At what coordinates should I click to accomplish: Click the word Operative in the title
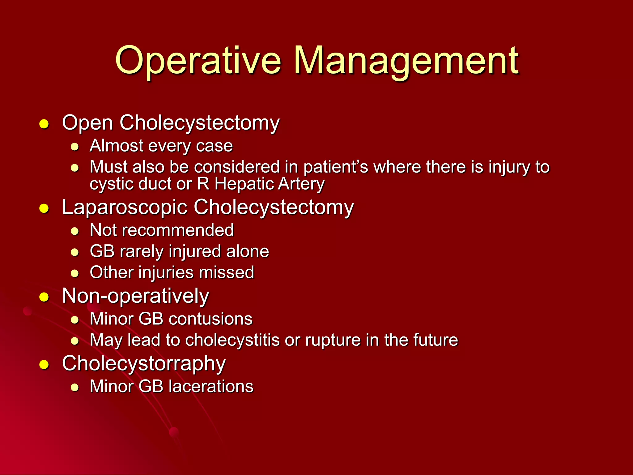(x=198, y=61)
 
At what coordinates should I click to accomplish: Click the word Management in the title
(x=406, y=61)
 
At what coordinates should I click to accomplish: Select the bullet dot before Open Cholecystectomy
(x=44, y=124)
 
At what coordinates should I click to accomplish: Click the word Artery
(x=301, y=184)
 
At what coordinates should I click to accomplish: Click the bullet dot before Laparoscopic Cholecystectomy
(x=44, y=209)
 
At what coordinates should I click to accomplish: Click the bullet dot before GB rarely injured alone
(x=74, y=252)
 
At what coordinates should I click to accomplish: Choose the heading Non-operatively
(x=135, y=296)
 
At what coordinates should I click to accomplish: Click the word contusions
(x=210, y=319)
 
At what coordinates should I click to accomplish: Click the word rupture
(x=333, y=340)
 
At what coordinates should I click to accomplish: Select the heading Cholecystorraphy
(x=144, y=364)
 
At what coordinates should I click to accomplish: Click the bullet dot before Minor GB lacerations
(x=74, y=387)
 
